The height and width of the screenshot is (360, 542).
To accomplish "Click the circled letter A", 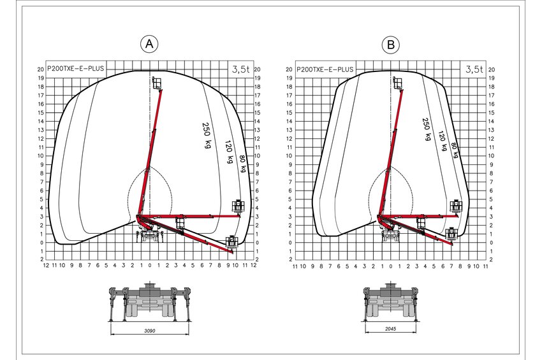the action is pyautogui.click(x=149, y=44).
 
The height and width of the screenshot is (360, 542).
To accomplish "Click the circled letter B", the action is pyautogui.click(x=391, y=45).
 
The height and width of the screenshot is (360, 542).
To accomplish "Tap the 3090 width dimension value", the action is pyautogui.click(x=150, y=331).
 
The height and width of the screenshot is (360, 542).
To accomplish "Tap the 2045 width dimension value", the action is pyautogui.click(x=391, y=329).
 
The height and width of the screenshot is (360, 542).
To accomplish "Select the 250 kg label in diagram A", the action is pyautogui.click(x=207, y=135).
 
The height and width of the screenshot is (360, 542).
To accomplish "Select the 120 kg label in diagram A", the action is pyautogui.click(x=229, y=151).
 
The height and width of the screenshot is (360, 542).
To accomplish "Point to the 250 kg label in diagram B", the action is pyautogui.click(x=427, y=129).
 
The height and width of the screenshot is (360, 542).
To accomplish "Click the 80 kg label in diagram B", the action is pyautogui.click(x=455, y=150).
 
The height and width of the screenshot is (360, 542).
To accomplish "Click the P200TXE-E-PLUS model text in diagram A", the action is pyautogui.click(x=75, y=68).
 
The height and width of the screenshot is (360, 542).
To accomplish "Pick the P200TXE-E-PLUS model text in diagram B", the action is pyautogui.click(x=325, y=69).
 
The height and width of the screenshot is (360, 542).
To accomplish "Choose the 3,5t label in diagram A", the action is pyautogui.click(x=240, y=69).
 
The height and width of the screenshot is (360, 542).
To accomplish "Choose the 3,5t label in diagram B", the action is pyautogui.click(x=474, y=69).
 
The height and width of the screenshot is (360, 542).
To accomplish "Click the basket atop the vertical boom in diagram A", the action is pyautogui.click(x=157, y=83).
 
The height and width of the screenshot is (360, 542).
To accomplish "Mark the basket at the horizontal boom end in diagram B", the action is pyautogui.click(x=456, y=206).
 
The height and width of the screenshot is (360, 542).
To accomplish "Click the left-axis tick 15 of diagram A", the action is pyautogui.click(x=41, y=113).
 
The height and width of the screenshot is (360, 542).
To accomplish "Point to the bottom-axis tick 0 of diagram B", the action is pyautogui.click(x=391, y=266).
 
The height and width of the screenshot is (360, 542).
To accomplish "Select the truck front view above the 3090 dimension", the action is pyautogui.click(x=150, y=301).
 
